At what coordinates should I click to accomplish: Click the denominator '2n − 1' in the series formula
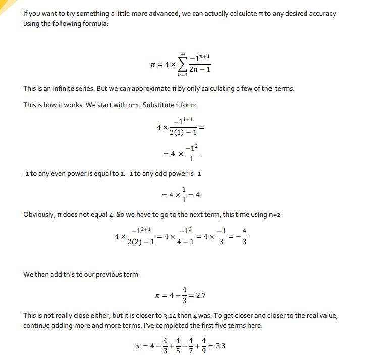(x=200, y=70)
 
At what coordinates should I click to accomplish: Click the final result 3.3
(x=220, y=346)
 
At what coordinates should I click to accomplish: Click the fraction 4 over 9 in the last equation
(x=204, y=346)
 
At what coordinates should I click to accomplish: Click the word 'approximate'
(x=156, y=89)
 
